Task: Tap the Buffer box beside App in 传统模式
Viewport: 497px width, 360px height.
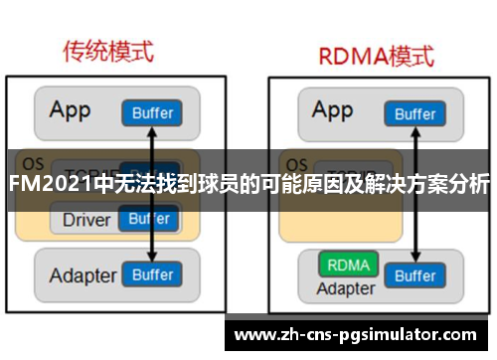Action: click(152, 113)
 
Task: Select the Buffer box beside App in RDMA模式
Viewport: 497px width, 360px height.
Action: click(414, 113)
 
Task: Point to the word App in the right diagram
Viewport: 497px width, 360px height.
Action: click(332, 110)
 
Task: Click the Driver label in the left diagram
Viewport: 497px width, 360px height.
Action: click(86, 219)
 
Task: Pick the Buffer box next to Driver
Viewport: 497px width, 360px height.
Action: click(151, 219)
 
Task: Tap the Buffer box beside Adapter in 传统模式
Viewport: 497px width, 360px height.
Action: click(152, 274)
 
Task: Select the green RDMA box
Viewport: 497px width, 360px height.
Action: click(347, 267)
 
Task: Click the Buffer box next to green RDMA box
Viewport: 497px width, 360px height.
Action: click(414, 274)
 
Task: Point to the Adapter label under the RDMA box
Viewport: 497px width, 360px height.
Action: click(346, 289)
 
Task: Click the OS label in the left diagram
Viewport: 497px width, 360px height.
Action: click(32, 163)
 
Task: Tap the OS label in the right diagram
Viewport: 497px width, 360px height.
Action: click(295, 163)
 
